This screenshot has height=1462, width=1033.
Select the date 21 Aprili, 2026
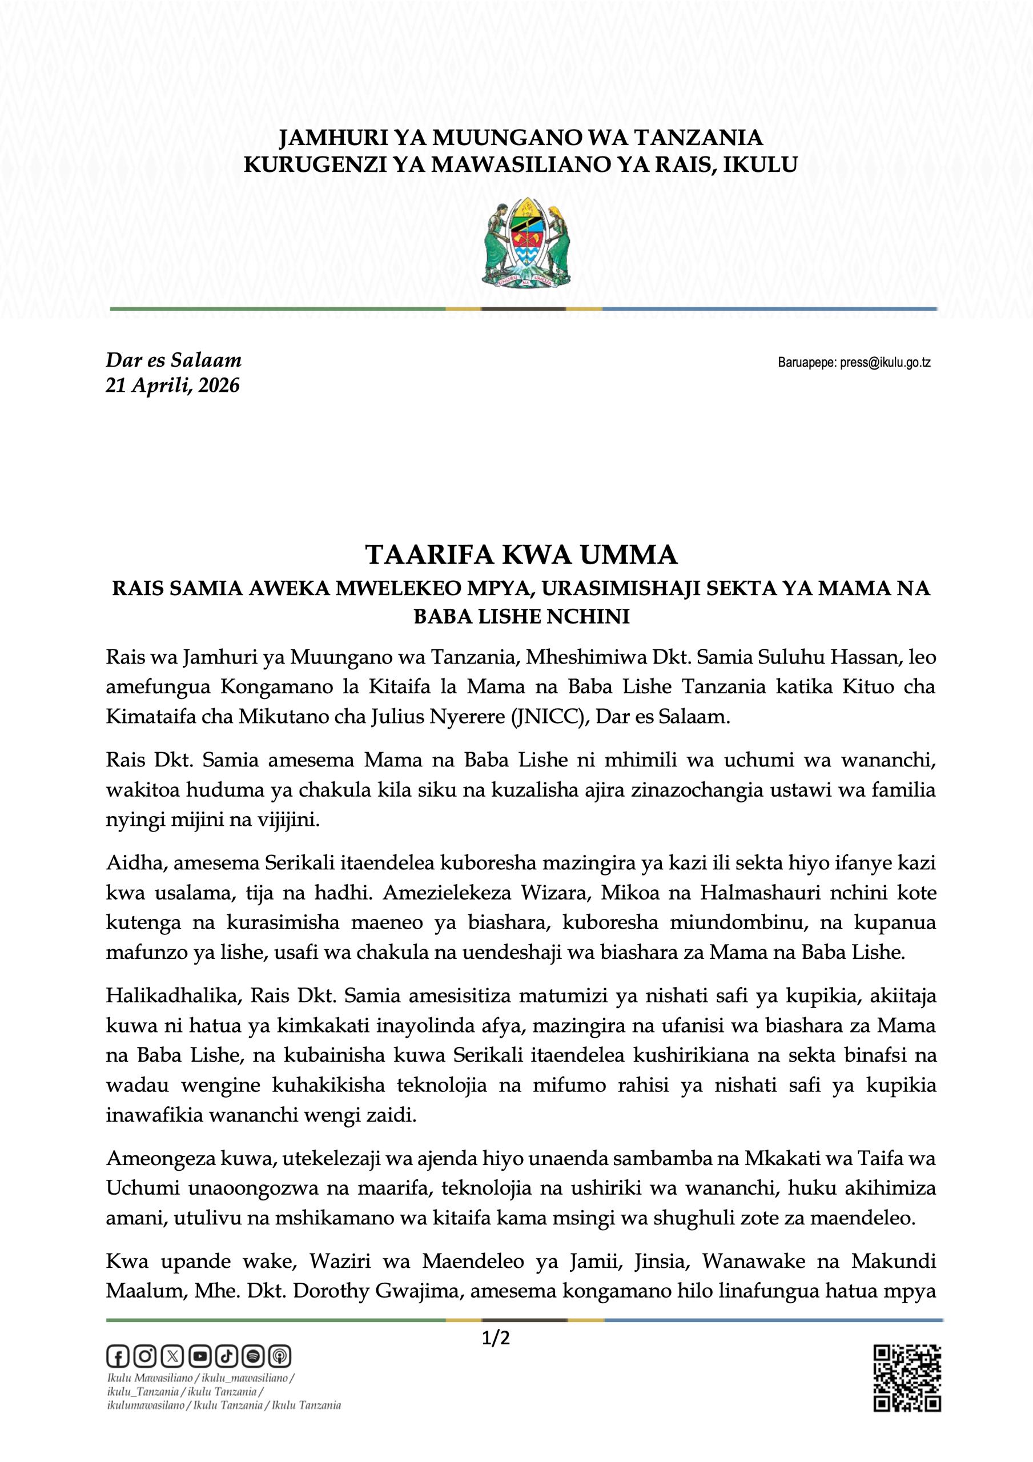click(172, 386)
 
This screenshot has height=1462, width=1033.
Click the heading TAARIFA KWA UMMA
click(521, 555)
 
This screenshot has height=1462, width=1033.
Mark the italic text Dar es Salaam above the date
click(173, 360)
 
